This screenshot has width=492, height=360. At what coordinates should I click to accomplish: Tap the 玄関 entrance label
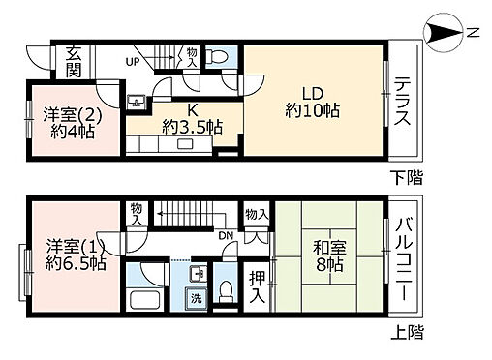click(x=75, y=61)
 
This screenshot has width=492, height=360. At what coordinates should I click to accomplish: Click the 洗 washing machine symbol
click(x=194, y=297)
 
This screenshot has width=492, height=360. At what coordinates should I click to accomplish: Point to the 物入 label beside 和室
click(x=256, y=214)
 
